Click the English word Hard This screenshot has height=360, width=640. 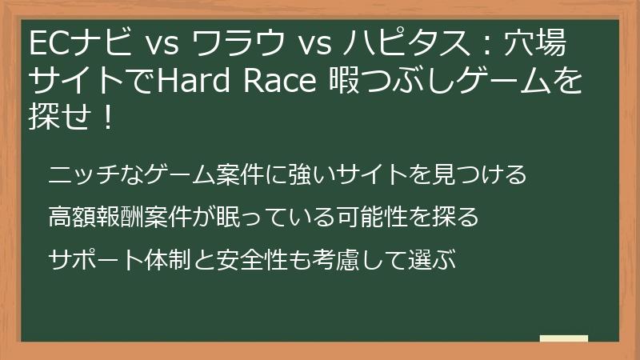[193, 81]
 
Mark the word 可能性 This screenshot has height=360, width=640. [361, 217]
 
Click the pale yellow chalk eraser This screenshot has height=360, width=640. [564, 338]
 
